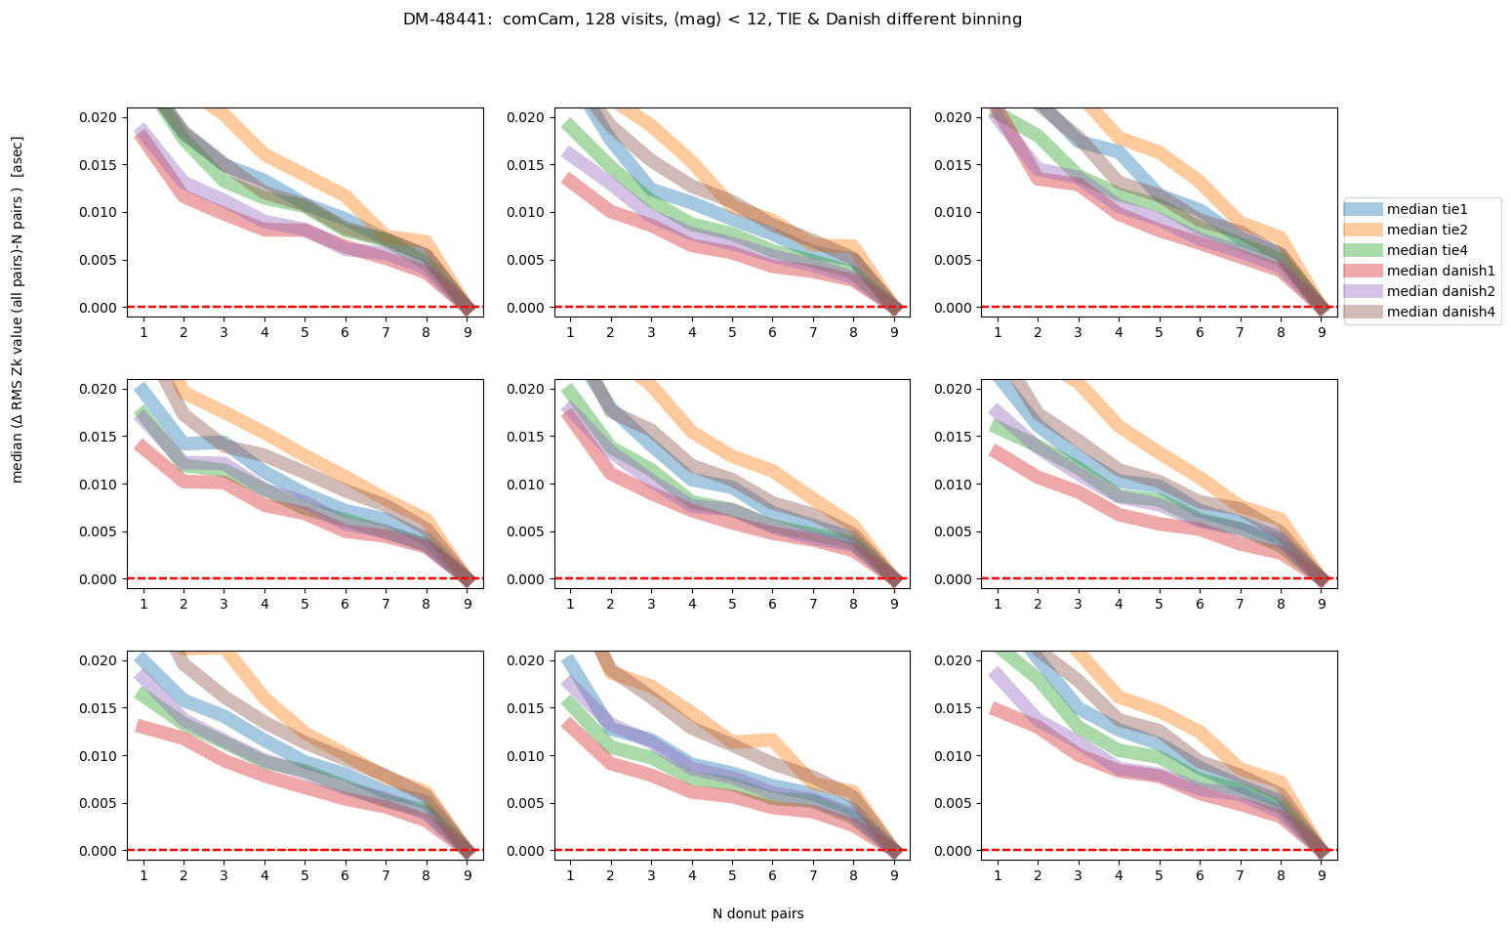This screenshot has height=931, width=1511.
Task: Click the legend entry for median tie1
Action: [1427, 209]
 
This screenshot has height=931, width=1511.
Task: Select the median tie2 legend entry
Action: [1427, 230]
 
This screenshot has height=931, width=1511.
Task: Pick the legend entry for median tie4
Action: [1427, 250]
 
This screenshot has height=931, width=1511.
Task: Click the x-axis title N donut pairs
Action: [757, 914]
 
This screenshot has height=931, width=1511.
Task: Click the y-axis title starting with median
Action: [18, 309]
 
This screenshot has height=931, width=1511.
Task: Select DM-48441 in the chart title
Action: [448, 20]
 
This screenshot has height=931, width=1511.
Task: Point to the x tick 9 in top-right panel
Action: [1322, 332]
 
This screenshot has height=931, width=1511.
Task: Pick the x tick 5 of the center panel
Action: [731, 604]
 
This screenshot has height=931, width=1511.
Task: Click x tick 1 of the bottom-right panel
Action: [997, 875]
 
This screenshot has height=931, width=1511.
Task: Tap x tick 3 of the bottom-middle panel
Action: [650, 875]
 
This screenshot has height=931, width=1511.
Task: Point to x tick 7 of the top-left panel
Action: [386, 332]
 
